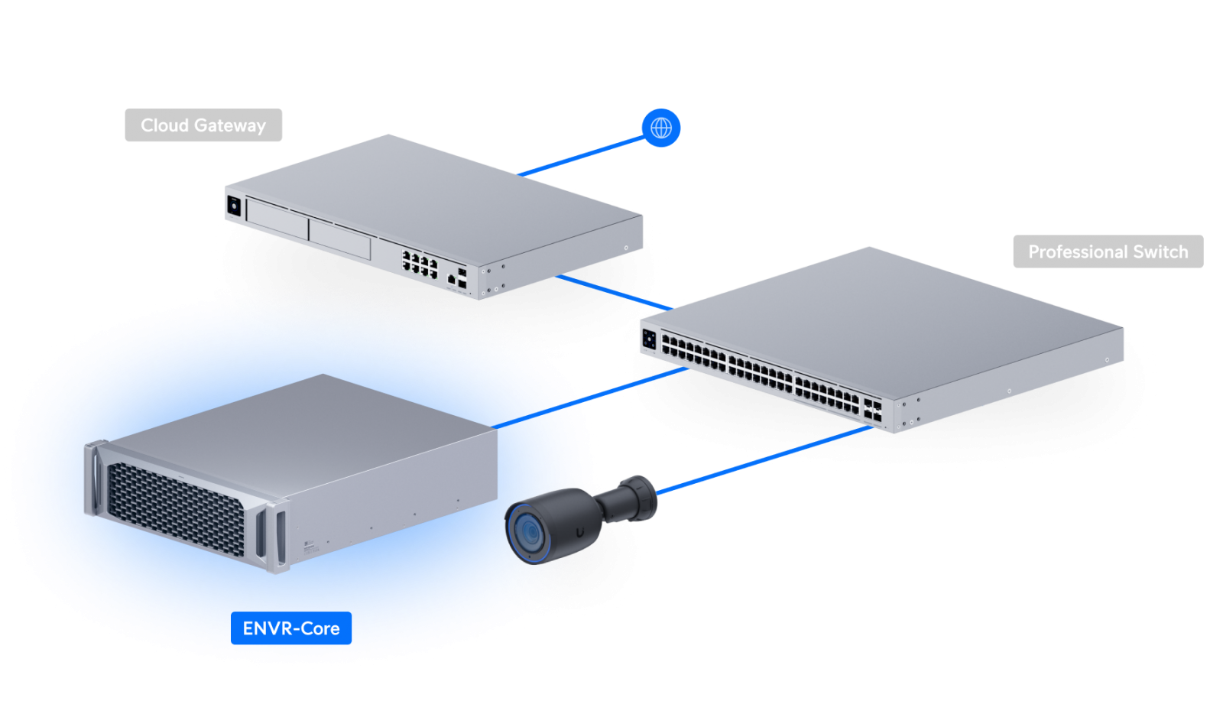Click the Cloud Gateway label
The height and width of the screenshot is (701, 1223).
(x=203, y=125)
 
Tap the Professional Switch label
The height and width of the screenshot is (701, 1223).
(x=1108, y=252)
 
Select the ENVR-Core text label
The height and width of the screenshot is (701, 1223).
(x=291, y=628)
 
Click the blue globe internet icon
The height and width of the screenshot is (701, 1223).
(x=661, y=128)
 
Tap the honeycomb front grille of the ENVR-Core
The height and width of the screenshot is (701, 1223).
(x=176, y=508)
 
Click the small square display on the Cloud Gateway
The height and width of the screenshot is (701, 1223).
(x=234, y=206)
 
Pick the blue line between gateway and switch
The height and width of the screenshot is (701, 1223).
(x=611, y=291)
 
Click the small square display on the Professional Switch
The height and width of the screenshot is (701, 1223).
(x=650, y=339)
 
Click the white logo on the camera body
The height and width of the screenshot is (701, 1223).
(x=582, y=527)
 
